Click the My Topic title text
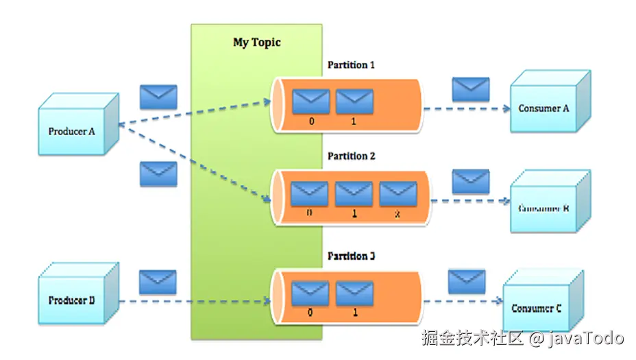257,43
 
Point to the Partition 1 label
351,65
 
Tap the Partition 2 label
351,156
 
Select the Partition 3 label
351,256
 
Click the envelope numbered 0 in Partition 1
311,101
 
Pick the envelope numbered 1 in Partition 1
354,101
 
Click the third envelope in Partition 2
398,194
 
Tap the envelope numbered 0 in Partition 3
310,293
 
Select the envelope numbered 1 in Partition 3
354,293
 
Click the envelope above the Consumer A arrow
471,90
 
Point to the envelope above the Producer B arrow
158,282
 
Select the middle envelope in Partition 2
354,194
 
